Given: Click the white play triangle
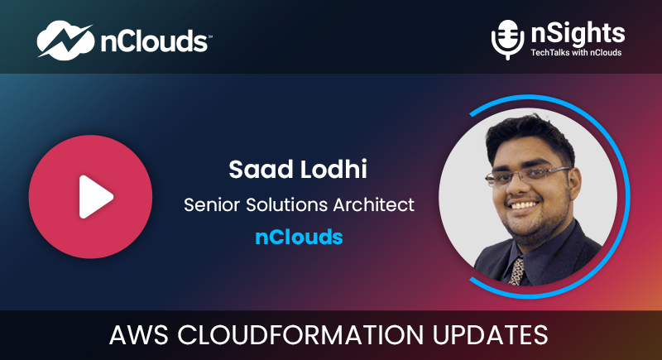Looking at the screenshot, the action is pyautogui.click(x=94, y=197).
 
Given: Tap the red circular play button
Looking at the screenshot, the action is pyautogui.click(x=90, y=197).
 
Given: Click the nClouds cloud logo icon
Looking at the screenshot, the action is pyautogui.click(x=65, y=41).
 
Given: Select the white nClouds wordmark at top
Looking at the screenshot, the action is pyautogui.click(x=155, y=41).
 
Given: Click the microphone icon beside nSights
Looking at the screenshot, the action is pyautogui.click(x=507, y=40).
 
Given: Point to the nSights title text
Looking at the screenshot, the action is pyautogui.click(x=578, y=33).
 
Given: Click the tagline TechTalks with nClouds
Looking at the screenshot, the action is pyautogui.click(x=576, y=53).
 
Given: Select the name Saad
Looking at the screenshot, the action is pyautogui.click(x=260, y=169).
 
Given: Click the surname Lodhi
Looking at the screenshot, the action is pyautogui.click(x=333, y=169).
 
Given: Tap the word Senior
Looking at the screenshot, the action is pyautogui.click(x=213, y=205).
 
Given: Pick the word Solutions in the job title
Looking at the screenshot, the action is pyautogui.click(x=287, y=205).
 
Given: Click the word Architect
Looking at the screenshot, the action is pyautogui.click(x=374, y=205).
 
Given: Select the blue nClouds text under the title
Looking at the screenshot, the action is pyautogui.click(x=299, y=237).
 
